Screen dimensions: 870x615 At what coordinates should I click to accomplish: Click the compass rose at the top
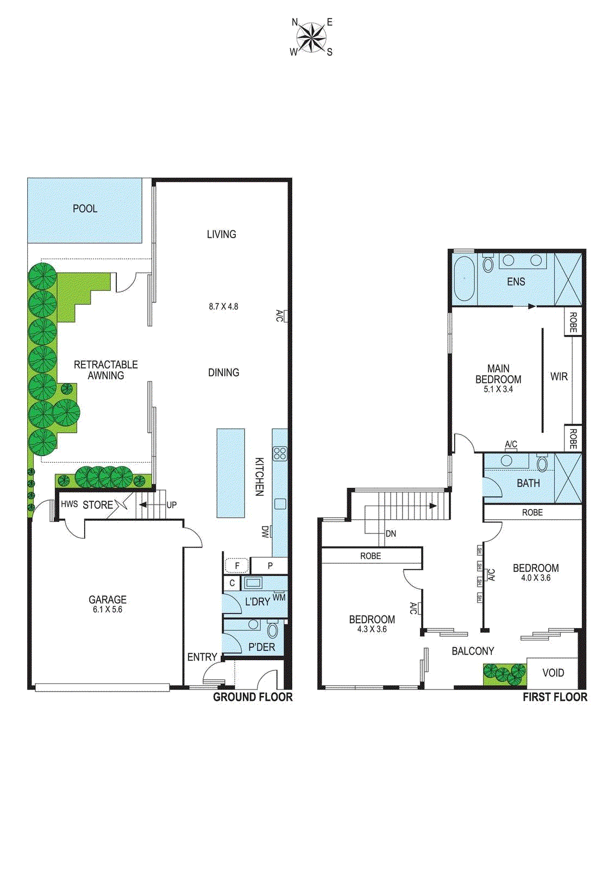pyautogui.click(x=311, y=38)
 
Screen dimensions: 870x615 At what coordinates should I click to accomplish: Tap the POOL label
pyautogui.click(x=85, y=209)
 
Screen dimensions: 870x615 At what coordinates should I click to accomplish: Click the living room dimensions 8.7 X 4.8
pyautogui.click(x=223, y=307)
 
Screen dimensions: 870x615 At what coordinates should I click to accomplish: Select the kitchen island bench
pyautogui.click(x=230, y=473)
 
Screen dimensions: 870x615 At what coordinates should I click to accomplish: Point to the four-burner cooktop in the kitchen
pyautogui.click(x=280, y=453)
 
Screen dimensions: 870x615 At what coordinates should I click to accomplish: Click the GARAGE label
pyautogui.click(x=108, y=600)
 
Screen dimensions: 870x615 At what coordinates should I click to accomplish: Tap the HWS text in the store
pyautogui.click(x=69, y=505)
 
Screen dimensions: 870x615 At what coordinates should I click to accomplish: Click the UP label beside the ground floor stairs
pyautogui.click(x=172, y=505)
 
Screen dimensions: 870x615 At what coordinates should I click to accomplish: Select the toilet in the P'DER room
pyautogui.click(x=272, y=631)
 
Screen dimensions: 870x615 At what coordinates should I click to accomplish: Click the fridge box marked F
pyautogui.click(x=237, y=566)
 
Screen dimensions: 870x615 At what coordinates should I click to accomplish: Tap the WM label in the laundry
pyautogui.click(x=279, y=598)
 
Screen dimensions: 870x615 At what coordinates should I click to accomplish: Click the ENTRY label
pyautogui.click(x=202, y=657)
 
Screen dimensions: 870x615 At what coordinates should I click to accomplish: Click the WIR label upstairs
pyautogui.click(x=558, y=377)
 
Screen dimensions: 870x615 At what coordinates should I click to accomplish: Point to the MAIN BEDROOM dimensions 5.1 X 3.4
pyautogui.click(x=498, y=389)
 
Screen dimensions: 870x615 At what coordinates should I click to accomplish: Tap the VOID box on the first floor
pyautogui.click(x=553, y=673)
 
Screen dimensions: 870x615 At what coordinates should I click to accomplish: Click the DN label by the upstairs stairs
pyautogui.click(x=391, y=534)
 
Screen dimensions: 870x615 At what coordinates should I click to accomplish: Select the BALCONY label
pyautogui.click(x=473, y=651)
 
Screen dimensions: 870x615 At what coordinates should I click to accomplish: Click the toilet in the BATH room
pyautogui.click(x=542, y=464)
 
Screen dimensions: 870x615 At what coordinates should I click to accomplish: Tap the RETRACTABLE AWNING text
pyautogui.click(x=106, y=370)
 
